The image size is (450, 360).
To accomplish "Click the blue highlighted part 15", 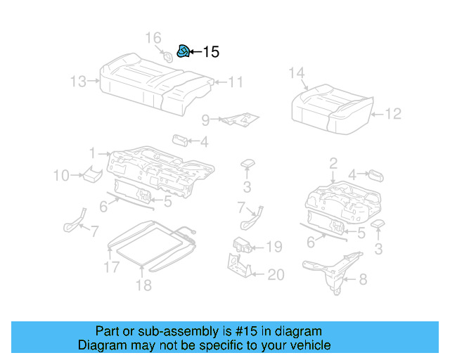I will (182, 51).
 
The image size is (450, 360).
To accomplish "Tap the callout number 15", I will (210, 52).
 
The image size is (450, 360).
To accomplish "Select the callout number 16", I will (153, 37).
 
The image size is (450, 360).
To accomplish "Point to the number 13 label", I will (79, 82).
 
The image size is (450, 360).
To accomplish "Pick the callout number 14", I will (296, 72).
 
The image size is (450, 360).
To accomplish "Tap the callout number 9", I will (205, 120).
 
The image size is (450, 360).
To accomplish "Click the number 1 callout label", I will (91, 153).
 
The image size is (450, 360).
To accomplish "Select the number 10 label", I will (62, 175).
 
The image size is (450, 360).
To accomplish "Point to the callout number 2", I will (333, 164).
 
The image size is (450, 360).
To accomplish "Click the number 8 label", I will (362, 280).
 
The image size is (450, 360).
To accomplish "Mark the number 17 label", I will (111, 266).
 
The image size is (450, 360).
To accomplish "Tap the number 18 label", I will (143, 285).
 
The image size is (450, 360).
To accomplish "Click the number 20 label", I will (276, 275).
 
